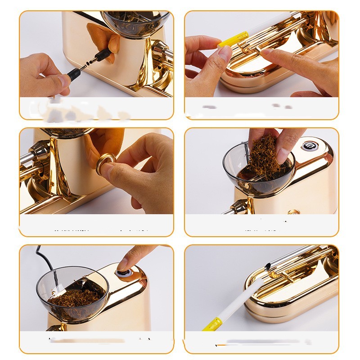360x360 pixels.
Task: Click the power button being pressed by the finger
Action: [x=123, y=273]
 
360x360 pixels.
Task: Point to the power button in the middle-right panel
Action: [x=309, y=145]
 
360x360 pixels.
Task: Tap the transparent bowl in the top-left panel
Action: [x=135, y=22]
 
